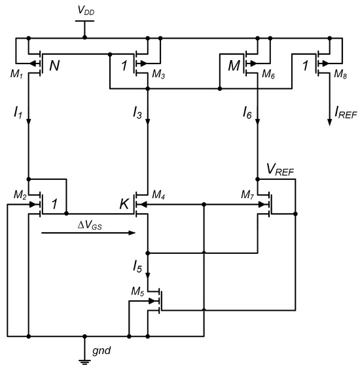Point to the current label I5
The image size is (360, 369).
137,266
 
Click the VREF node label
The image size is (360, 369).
279,171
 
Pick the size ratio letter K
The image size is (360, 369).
124,205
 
